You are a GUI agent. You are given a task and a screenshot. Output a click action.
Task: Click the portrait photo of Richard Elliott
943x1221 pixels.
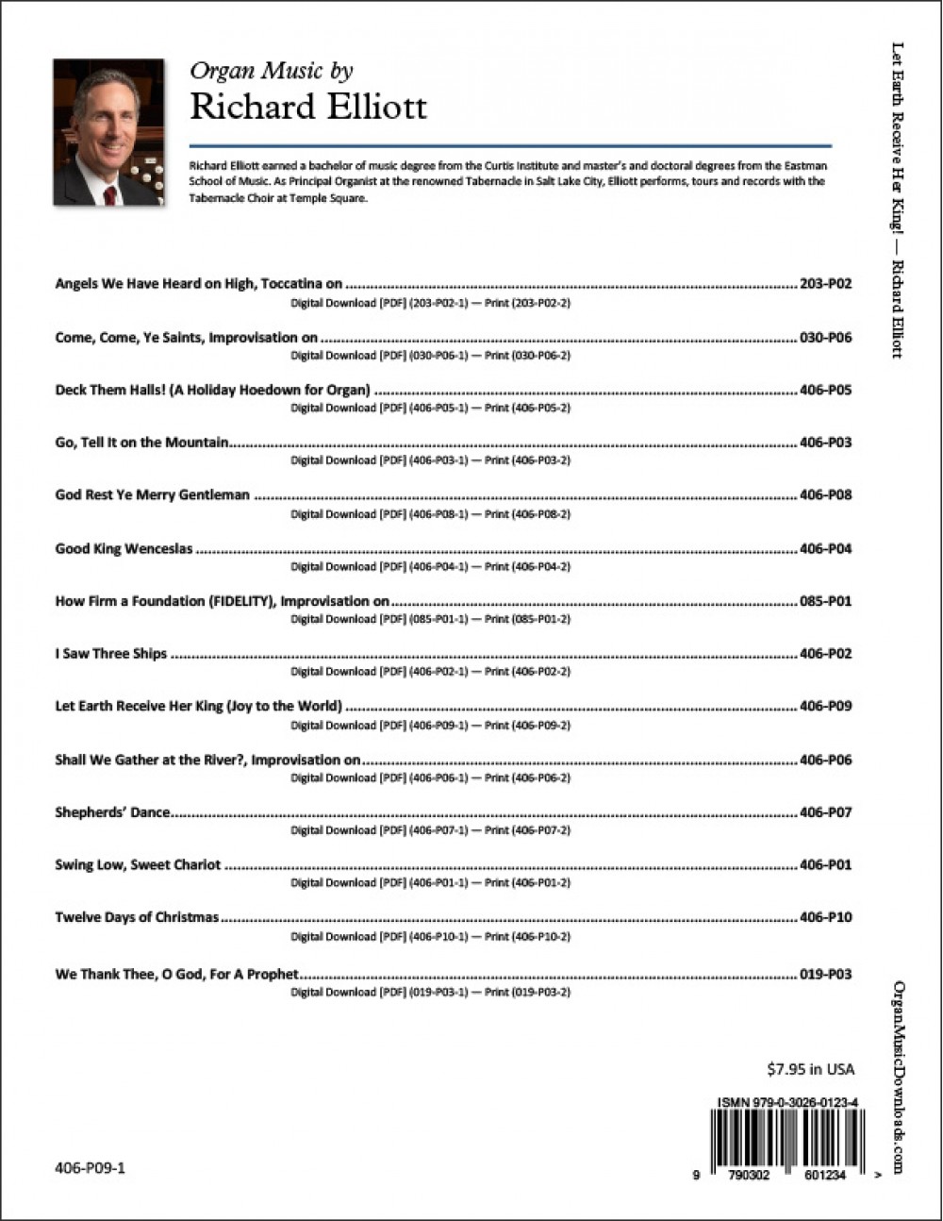[108, 133]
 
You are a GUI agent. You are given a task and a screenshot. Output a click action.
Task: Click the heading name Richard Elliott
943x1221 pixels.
[308, 107]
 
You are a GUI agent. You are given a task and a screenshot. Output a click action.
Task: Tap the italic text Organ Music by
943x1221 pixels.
[272, 71]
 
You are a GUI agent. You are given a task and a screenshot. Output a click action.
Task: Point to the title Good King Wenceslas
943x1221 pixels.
[124, 548]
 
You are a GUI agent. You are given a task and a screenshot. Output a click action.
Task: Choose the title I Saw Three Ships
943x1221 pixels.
[110, 653]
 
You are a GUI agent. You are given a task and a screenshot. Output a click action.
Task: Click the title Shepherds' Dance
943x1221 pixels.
[112, 812]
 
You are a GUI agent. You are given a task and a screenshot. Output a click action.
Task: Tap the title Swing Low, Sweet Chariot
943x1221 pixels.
[138, 864]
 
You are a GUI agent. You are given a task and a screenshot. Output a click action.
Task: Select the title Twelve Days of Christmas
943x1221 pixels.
[137, 917]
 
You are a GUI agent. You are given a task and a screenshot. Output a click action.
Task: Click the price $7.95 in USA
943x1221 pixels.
[810, 1069]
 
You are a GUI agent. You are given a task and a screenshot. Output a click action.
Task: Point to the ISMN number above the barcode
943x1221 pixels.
[786, 1101]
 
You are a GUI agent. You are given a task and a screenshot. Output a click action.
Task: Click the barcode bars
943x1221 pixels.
[786, 1137]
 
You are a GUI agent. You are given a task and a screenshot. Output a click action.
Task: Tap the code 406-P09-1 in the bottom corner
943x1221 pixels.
[90, 1168]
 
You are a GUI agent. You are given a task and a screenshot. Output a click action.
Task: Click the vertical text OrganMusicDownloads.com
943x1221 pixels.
[898, 1076]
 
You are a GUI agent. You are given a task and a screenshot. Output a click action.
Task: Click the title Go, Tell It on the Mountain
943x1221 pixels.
[141, 443]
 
